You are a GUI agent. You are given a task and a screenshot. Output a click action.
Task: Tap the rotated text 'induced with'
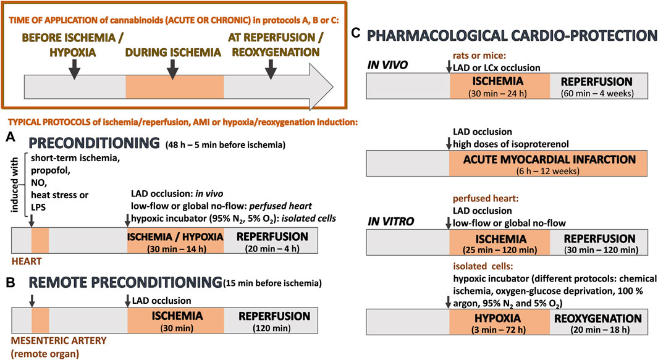click(12, 184)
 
